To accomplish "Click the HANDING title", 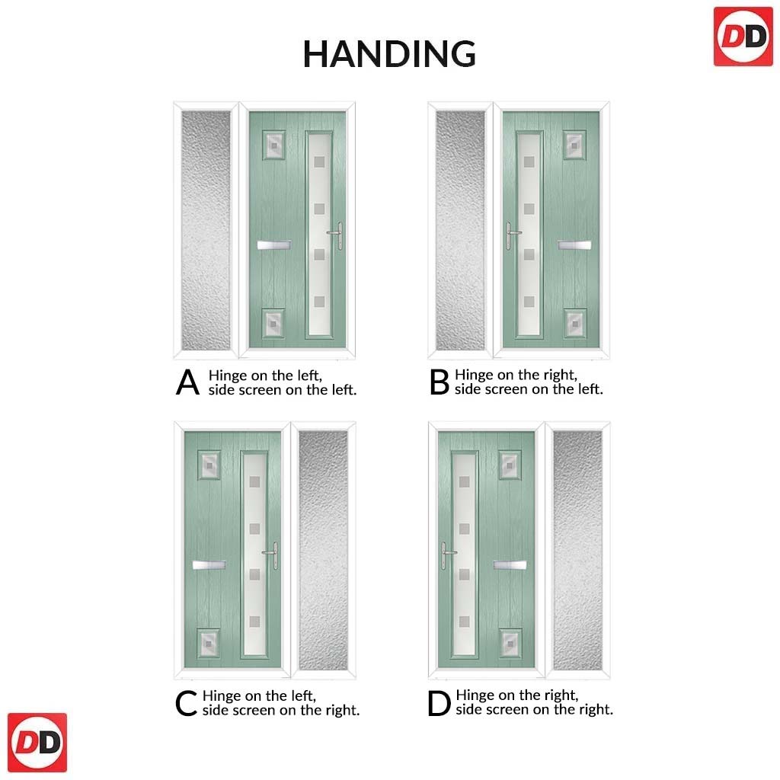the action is (x=389, y=54).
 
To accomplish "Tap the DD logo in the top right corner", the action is (x=743, y=37).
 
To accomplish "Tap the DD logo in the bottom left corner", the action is (x=37, y=742).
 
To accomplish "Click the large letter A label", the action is (x=187, y=382).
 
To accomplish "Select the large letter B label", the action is (x=440, y=382).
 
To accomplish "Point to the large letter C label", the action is (x=186, y=703).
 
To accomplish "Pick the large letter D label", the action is (x=439, y=703).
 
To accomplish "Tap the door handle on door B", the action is (x=513, y=235).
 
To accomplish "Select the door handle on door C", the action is (x=272, y=555).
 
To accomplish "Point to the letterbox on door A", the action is (x=274, y=245).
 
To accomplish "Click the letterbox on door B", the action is (x=574, y=245).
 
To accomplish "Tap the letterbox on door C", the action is (x=209, y=564).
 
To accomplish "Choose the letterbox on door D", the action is (x=510, y=564).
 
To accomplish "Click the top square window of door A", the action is (x=273, y=145).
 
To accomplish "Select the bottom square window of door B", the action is (x=575, y=323).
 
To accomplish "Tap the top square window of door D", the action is (x=510, y=465).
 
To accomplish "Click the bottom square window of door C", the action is (x=209, y=643).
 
